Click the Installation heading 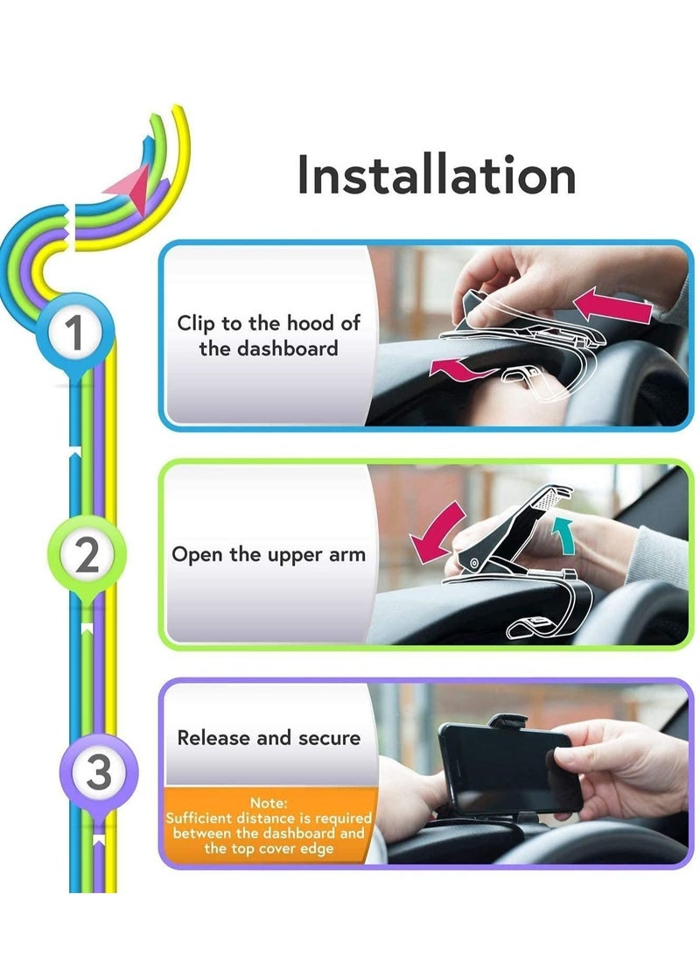tap(436, 174)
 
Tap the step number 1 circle tap(77, 334)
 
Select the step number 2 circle tap(87, 556)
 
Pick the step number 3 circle tap(98, 773)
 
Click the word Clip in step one tap(196, 323)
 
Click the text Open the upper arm tap(268, 555)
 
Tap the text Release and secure tap(269, 738)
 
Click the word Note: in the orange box tap(269, 802)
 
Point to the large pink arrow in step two tap(437, 534)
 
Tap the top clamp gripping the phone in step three tap(507, 722)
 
